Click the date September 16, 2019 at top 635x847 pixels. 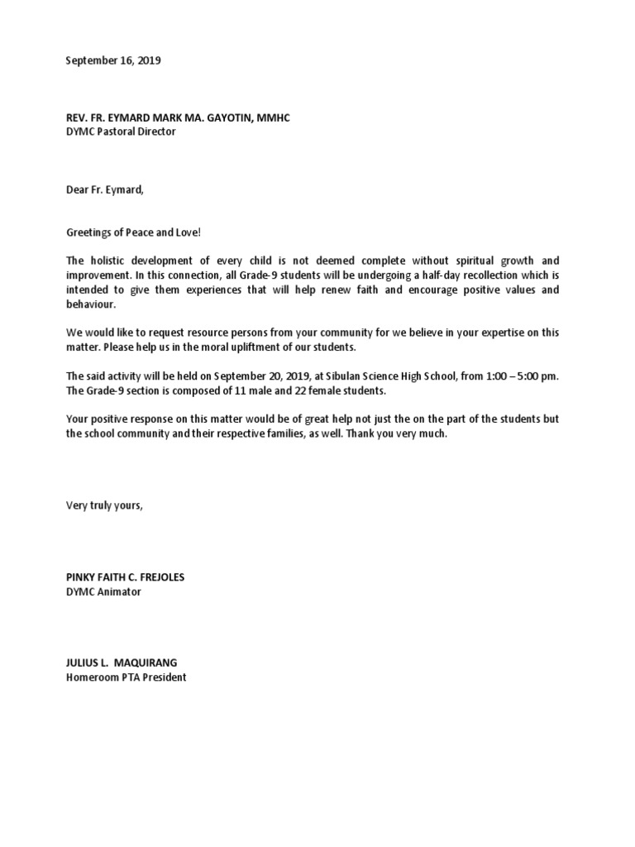113,61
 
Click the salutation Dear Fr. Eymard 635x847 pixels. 105,189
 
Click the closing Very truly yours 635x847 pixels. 104,505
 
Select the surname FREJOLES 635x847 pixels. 157,577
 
